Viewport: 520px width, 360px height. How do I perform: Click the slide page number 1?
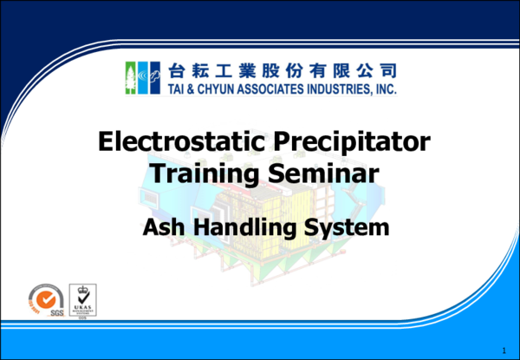point(503,349)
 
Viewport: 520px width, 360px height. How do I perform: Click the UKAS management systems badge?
point(83,299)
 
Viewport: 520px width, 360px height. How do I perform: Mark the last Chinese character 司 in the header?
point(387,69)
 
